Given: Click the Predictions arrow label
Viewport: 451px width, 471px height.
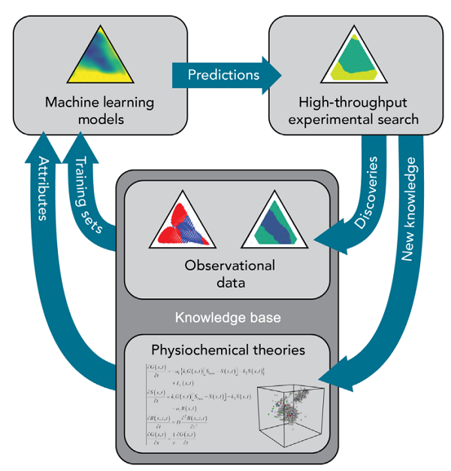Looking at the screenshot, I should pos(223,74).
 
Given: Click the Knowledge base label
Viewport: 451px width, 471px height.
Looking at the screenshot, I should pos(226,319).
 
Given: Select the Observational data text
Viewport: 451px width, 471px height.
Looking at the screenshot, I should pos(226,274).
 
